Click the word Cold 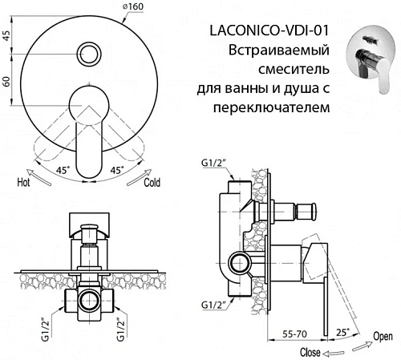pyautogui.click(x=153, y=183)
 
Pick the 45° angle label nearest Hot pyautogui.click(x=63, y=170)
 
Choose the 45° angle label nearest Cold pyautogui.click(x=116, y=170)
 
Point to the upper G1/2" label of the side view pyautogui.click(x=212, y=164)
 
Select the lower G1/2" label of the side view pyautogui.click(x=212, y=305)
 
